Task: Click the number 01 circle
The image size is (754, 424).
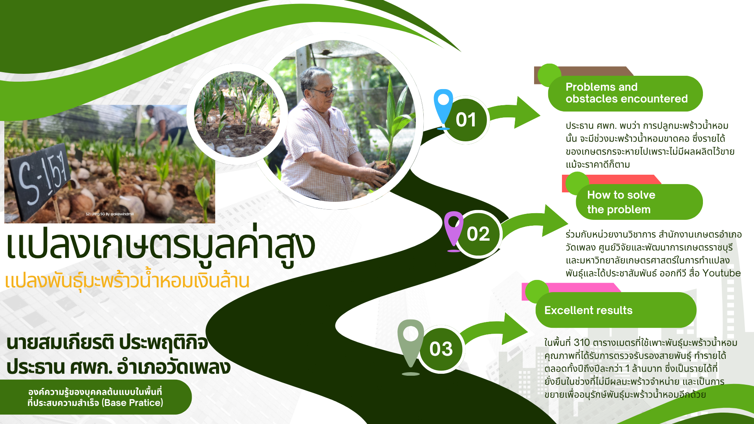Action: (x=466, y=120)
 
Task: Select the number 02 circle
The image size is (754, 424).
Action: (x=478, y=234)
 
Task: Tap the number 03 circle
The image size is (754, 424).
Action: (x=441, y=349)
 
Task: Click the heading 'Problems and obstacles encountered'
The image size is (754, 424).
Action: (x=626, y=93)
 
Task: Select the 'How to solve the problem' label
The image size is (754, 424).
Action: (x=621, y=202)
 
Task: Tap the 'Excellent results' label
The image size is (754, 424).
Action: (x=588, y=310)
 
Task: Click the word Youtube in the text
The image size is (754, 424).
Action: (x=721, y=273)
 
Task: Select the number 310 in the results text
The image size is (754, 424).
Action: (x=582, y=342)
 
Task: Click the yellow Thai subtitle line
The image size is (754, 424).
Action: (x=127, y=280)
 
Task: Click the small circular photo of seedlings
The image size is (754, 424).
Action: (x=236, y=114)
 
